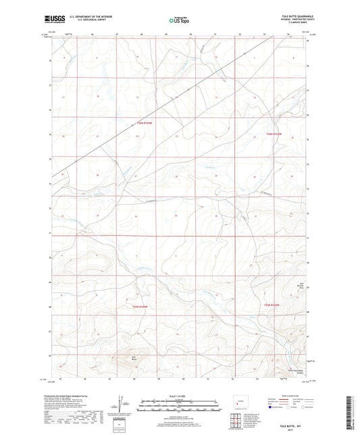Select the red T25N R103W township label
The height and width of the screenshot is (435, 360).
coord(273,305)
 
